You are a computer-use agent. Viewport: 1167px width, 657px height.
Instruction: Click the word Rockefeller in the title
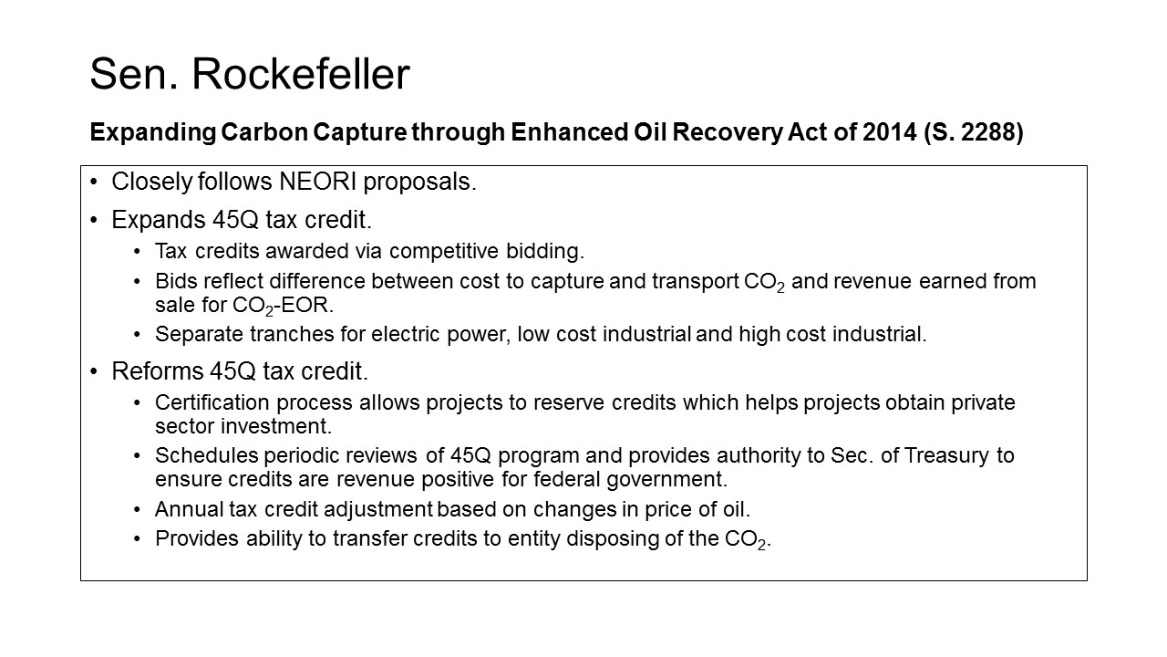click(x=301, y=74)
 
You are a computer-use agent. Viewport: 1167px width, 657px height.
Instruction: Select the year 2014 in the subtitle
click(x=889, y=132)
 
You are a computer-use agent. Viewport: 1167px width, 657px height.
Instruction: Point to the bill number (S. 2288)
click(x=973, y=132)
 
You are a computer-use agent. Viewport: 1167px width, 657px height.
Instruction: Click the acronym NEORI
click(x=318, y=182)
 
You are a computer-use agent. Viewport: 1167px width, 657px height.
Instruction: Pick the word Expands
click(x=159, y=221)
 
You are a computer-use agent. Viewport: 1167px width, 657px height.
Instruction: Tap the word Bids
click(x=176, y=281)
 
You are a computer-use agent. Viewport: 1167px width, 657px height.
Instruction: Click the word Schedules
click(x=206, y=455)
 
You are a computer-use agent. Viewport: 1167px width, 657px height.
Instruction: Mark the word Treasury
click(x=947, y=456)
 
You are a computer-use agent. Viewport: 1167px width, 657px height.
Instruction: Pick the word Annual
click(x=189, y=509)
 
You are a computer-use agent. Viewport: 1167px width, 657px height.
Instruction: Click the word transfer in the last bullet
click(x=369, y=538)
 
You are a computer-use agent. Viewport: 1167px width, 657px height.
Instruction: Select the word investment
click(x=276, y=426)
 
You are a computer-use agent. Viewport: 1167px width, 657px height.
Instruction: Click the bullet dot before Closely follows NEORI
click(x=94, y=182)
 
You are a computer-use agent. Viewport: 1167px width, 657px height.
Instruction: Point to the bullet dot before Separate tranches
click(x=137, y=334)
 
